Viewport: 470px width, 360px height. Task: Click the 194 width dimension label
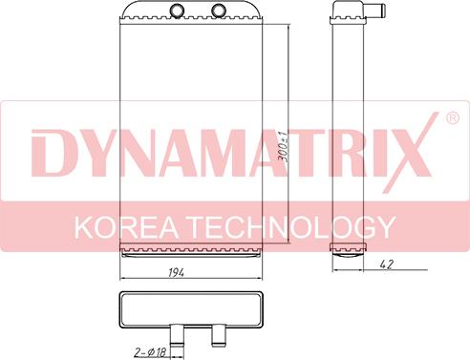[x=176, y=272]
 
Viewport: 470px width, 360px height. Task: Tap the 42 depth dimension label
[x=387, y=265]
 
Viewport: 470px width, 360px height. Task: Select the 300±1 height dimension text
[x=283, y=147]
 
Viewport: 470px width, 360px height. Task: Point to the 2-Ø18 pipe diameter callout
[x=150, y=352]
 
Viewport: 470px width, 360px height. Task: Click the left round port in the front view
[x=176, y=10]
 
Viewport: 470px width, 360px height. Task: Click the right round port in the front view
[x=219, y=10]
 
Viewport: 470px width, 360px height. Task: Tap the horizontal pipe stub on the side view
[x=375, y=10]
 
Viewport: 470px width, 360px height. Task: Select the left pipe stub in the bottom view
[x=176, y=335]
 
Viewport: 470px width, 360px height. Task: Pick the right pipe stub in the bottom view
[x=218, y=335]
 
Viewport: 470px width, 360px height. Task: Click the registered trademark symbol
[x=453, y=118]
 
